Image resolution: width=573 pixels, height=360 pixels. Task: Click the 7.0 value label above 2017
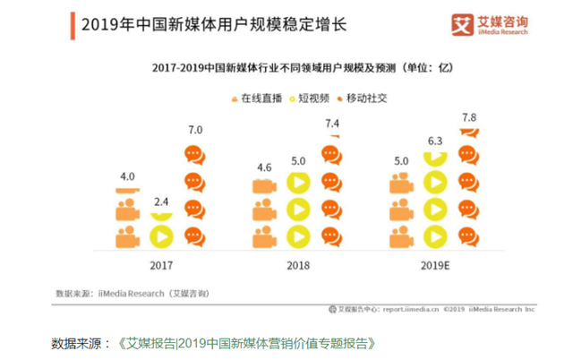(194, 130)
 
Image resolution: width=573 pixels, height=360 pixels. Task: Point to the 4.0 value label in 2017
(127, 176)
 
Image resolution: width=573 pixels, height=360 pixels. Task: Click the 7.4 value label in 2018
(331, 123)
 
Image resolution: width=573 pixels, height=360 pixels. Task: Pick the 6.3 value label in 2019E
(436, 141)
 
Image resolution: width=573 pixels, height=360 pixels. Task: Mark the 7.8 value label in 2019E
(469, 118)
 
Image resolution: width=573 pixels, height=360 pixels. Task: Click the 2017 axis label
(162, 266)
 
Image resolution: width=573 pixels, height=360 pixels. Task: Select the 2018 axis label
(297, 266)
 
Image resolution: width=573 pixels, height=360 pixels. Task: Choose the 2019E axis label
(433, 266)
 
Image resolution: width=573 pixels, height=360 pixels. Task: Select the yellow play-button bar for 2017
(161, 237)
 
